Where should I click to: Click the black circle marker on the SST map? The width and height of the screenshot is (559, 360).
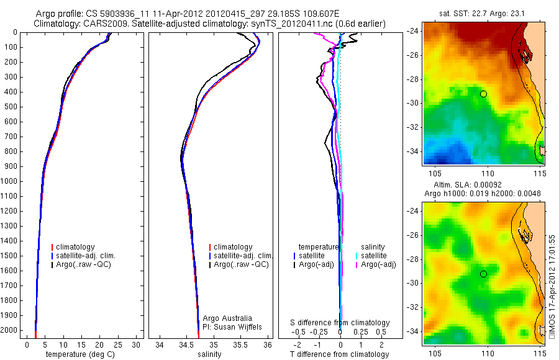point(483,94)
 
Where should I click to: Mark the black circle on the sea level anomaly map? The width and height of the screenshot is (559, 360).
point(483,274)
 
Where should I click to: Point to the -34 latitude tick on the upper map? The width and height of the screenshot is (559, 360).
point(414,151)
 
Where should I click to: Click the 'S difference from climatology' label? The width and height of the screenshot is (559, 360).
point(340,323)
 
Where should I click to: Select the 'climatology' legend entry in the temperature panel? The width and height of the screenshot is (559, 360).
point(75,247)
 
